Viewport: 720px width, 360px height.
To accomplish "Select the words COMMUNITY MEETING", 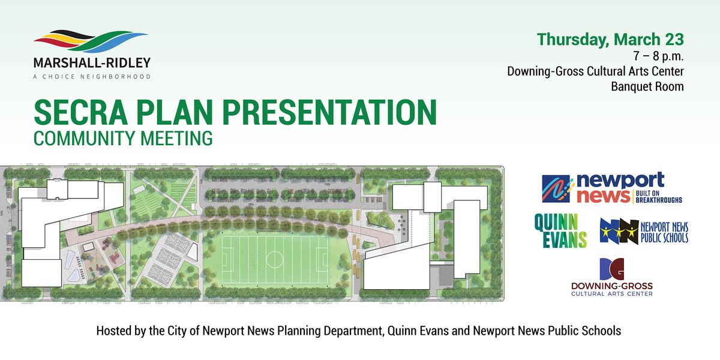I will pyautogui.click(x=123, y=139).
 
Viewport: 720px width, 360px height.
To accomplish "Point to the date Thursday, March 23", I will pyautogui.click(x=610, y=40).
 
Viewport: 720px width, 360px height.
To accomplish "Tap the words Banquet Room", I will pyautogui.click(x=647, y=86).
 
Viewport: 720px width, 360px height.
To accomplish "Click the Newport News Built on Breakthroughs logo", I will pyautogui.click(x=611, y=188).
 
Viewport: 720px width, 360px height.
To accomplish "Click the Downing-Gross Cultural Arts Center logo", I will pyautogui.click(x=611, y=277).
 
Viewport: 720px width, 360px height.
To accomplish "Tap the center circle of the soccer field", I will pyautogui.click(x=274, y=259).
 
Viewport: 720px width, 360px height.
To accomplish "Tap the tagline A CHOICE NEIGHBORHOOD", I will pyautogui.click(x=92, y=77).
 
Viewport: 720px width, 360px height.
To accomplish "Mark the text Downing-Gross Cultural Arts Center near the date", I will pyautogui.click(x=595, y=71).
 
